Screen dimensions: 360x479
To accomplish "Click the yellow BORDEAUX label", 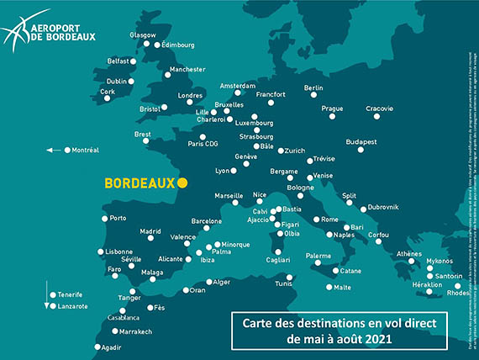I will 139,182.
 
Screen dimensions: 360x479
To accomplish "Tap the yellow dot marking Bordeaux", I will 183,182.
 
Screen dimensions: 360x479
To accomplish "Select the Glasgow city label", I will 143,35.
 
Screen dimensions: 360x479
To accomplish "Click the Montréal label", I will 86,150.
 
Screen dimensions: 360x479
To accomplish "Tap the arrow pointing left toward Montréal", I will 55,150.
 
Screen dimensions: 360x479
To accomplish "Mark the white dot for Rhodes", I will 457,286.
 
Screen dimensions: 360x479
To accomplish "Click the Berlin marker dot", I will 313,97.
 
